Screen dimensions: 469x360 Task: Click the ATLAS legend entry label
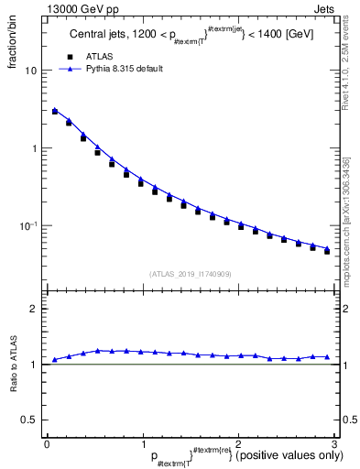(103, 56)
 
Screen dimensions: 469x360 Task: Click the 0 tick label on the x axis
(47, 444)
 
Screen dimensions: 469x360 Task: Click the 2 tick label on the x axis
(238, 444)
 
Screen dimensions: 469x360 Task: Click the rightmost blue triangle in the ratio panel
(326, 356)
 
